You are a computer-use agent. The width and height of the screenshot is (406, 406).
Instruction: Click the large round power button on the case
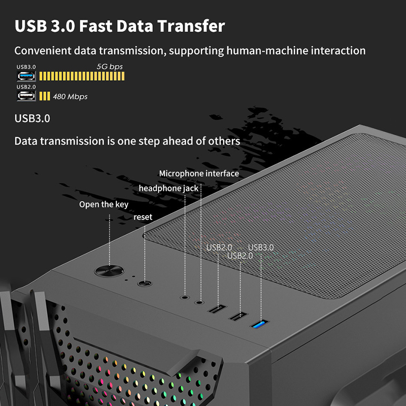(109, 271)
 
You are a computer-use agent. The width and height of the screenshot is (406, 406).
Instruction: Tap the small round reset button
(145, 283)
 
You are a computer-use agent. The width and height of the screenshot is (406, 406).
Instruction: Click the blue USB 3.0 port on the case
(260, 324)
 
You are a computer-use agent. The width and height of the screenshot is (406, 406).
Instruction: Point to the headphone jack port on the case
(185, 297)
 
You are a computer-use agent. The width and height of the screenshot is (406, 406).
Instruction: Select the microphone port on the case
(199, 302)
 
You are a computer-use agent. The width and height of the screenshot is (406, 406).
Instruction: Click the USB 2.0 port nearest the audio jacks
(217, 309)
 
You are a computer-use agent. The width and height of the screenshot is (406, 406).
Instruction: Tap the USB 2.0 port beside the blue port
(238, 316)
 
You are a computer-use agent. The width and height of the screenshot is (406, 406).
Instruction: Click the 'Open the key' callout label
(104, 205)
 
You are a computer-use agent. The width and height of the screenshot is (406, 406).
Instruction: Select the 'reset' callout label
(143, 217)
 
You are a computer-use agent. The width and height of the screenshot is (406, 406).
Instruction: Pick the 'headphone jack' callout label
(168, 188)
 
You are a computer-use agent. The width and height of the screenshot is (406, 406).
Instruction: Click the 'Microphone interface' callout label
(199, 174)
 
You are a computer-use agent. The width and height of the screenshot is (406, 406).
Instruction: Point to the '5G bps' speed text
(110, 67)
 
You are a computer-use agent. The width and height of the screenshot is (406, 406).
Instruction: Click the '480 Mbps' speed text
(70, 96)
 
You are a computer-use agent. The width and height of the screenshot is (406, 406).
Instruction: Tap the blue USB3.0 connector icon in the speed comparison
(26, 77)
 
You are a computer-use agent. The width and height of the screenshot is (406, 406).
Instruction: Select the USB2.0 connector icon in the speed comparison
(26, 96)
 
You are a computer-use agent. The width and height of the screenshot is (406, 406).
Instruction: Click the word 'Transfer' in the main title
(191, 26)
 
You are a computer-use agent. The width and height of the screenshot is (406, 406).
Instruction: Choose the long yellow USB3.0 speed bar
(82, 76)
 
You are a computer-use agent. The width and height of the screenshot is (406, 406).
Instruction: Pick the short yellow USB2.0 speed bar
(45, 96)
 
